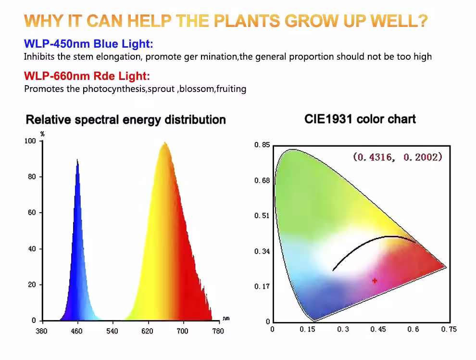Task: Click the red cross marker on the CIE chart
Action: coord(375,281)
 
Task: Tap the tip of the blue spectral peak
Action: coord(77,159)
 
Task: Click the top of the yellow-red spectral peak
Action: coord(165,142)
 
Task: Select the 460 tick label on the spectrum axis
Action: coord(76,331)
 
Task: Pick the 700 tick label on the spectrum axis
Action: coord(182,331)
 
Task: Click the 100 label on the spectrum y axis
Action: coord(30,141)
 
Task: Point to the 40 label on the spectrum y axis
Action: coord(32,249)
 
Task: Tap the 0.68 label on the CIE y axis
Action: coord(262,180)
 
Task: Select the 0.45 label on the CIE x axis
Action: coord(378,329)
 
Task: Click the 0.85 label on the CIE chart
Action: coord(262,144)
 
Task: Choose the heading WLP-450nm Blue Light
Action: coord(88,44)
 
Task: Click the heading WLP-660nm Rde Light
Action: coord(87,76)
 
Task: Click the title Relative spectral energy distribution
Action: coord(125,120)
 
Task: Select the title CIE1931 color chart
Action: coord(360,119)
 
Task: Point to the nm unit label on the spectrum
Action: coord(226,319)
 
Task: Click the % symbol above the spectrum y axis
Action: coord(42,134)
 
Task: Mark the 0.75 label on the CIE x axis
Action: coord(449,329)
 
